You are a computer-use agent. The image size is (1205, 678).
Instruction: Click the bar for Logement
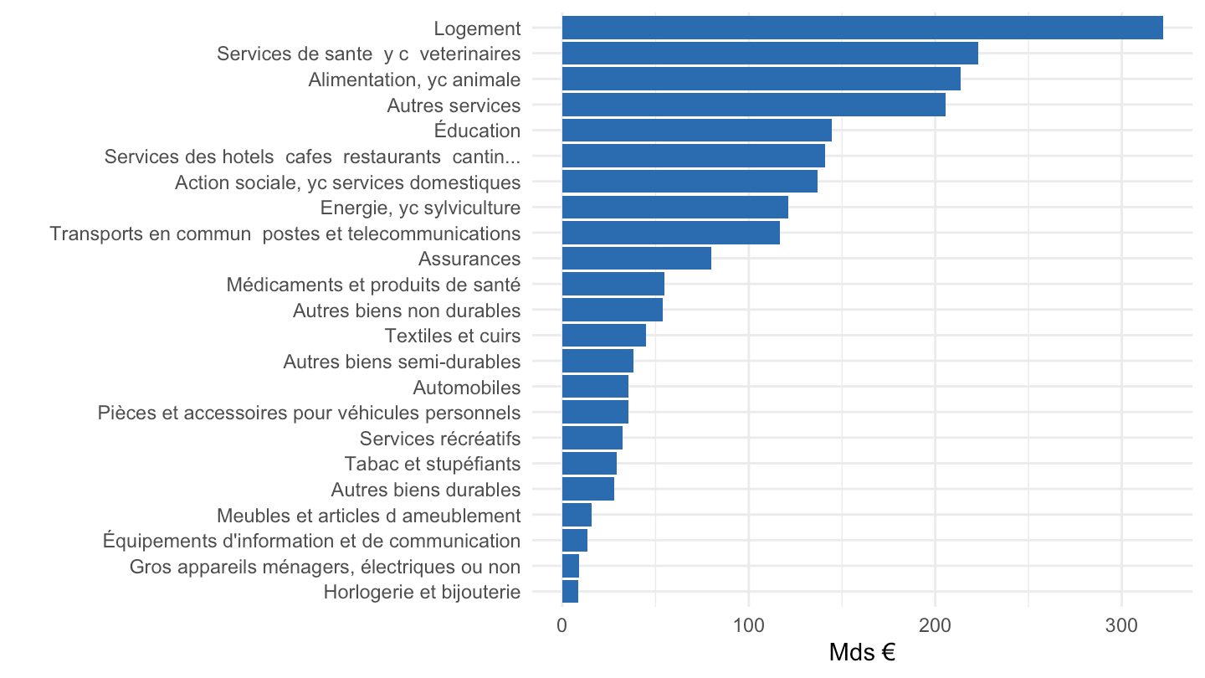coord(862,28)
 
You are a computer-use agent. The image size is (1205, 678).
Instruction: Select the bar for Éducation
coord(696,131)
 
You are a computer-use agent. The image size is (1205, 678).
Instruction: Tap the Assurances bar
coord(636,259)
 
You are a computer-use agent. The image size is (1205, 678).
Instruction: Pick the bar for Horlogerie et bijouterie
coord(570,591)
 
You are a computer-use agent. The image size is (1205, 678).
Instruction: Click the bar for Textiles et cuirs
coord(604,335)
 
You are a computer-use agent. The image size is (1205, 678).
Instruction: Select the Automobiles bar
coord(595,387)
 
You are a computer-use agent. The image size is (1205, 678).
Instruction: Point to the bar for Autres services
coord(754,105)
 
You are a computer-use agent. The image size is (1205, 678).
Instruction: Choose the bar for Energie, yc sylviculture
coord(675,208)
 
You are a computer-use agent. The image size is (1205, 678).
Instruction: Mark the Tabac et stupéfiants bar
coord(589,464)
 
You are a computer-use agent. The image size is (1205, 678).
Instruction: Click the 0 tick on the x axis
coord(562,626)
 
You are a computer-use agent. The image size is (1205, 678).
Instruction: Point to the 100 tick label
coord(749,626)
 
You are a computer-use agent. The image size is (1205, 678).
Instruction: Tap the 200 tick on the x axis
coord(935,626)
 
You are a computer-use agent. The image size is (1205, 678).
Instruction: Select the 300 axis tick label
coord(1121,626)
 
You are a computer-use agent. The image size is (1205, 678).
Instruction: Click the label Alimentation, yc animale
coord(414,80)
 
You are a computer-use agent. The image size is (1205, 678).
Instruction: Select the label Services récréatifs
coord(440,439)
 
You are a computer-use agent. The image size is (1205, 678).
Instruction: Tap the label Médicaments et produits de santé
coord(373,284)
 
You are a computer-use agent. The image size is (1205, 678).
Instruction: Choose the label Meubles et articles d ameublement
coord(368,516)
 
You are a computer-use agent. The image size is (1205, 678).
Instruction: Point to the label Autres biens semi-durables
coord(402,362)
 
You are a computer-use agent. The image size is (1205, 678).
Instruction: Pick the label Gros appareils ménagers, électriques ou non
coord(325,567)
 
